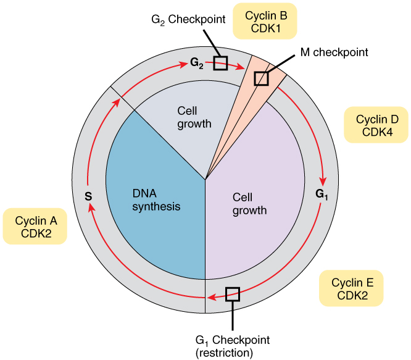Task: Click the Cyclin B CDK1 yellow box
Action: tap(265, 21)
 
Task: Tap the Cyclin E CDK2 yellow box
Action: tap(352, 288)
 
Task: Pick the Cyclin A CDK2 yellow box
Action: tap(36, 227)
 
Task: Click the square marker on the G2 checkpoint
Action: tap(220, 62)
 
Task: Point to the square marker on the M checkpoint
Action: tap(262, 78)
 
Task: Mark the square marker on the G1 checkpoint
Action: tap(232, 294)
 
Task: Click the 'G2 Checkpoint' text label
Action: tap(180, 19)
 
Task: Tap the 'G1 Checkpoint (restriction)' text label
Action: tap(232, 346)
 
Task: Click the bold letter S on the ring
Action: tap(88, 197)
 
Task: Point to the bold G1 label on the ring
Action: tap(322, 194)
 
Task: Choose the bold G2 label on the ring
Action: tap(197, 63)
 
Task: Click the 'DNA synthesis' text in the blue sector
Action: tap(156, 199)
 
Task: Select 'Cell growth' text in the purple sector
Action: tap(249, 204)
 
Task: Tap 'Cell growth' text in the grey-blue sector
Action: tap(194, 117)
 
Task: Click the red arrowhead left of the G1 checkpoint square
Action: tap(212, 298)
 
